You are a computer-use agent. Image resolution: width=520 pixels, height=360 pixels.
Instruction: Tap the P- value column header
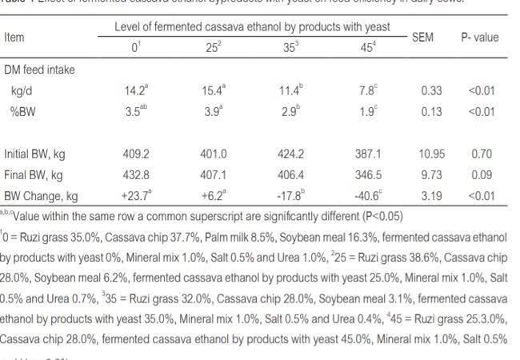tap(479, 37)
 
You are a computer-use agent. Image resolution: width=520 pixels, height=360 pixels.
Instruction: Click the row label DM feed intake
tap(39, 70)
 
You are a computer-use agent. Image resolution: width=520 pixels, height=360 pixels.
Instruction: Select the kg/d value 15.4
tap(213, 90)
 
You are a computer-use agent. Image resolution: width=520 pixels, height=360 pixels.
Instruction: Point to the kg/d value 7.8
tap(369, 90)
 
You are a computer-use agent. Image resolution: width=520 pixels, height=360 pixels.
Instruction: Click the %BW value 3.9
tap(212, 112)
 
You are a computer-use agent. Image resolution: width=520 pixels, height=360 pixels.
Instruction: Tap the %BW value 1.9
tap(369, 112)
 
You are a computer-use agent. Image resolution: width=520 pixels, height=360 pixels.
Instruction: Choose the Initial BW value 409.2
tap(136, 154)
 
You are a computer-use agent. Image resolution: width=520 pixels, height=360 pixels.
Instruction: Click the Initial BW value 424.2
tap(291, 154)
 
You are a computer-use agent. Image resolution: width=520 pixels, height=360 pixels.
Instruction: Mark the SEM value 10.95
tap(432, 154)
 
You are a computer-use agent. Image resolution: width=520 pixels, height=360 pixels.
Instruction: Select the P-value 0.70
tap(482, 154)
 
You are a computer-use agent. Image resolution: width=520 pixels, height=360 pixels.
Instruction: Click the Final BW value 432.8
tap(136, 174)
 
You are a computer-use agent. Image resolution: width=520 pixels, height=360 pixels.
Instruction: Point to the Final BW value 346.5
tap(370, 174)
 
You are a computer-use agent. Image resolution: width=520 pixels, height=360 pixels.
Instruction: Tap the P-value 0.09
tap(482, 174)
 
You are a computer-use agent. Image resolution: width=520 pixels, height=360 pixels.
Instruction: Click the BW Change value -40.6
tap(369, 194)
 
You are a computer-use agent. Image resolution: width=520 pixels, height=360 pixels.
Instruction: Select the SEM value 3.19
tap(432, 194)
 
